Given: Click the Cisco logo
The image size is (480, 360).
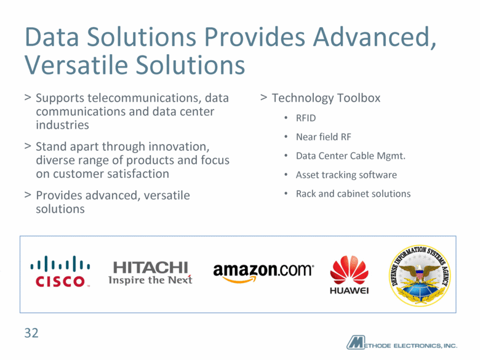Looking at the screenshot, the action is (60, 271).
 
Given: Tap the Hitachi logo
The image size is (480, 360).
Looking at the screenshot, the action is (150, 273).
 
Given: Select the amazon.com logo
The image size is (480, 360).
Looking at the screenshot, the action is (263, 272).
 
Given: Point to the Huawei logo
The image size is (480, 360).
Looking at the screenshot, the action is (350, 274).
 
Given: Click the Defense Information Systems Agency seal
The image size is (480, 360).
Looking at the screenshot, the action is (420, 276).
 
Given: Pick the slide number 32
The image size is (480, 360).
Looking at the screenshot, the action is (31, 333).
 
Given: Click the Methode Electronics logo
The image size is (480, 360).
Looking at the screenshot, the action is (402, 343).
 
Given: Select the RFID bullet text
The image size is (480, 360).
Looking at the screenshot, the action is (306, 118).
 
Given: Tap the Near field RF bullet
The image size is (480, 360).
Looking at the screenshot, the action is (324, 137).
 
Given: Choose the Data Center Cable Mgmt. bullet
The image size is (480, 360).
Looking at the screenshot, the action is (351, 156).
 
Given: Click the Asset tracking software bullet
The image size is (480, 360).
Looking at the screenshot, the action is (346, 175).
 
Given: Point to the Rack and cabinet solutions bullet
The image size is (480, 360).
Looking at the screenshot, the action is (353, 194).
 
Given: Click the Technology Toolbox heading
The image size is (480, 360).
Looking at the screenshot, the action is (326, 98).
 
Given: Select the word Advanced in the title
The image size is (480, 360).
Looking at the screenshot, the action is (374, 38).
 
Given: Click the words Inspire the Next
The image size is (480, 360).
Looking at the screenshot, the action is (150, 280).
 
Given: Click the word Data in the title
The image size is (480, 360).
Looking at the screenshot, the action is (52, 38).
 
